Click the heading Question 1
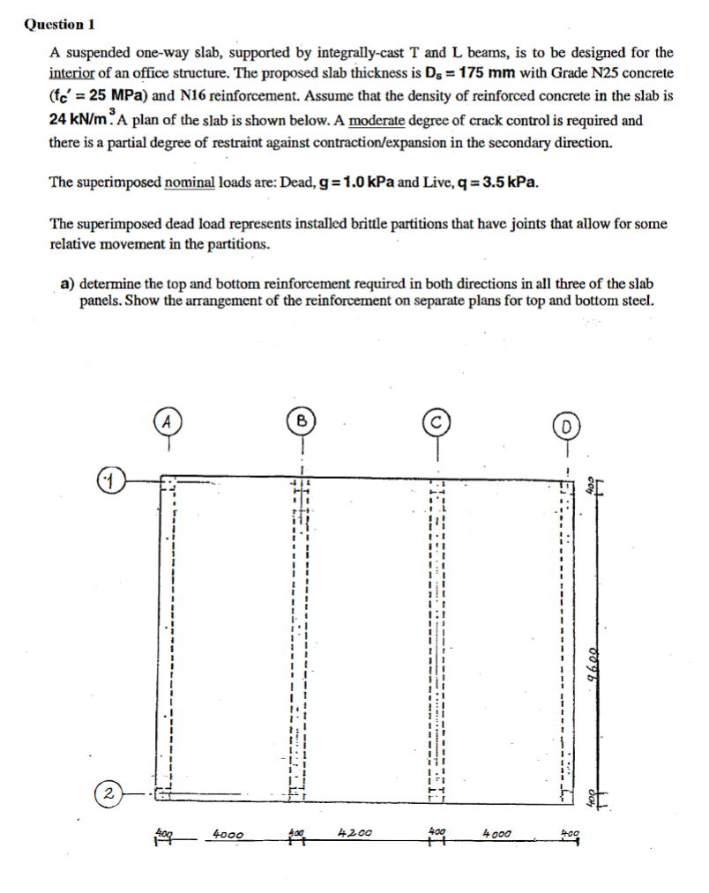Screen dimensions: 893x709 59,24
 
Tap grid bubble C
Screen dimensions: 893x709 436,420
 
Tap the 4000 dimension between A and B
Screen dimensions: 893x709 228,832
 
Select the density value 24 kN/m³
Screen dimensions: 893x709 80,120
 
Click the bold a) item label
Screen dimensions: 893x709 66,284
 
